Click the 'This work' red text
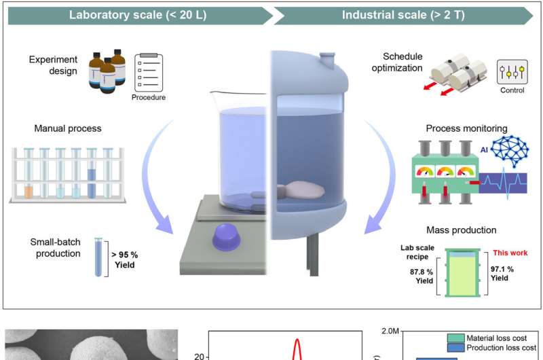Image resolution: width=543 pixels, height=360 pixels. pos(508,252)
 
